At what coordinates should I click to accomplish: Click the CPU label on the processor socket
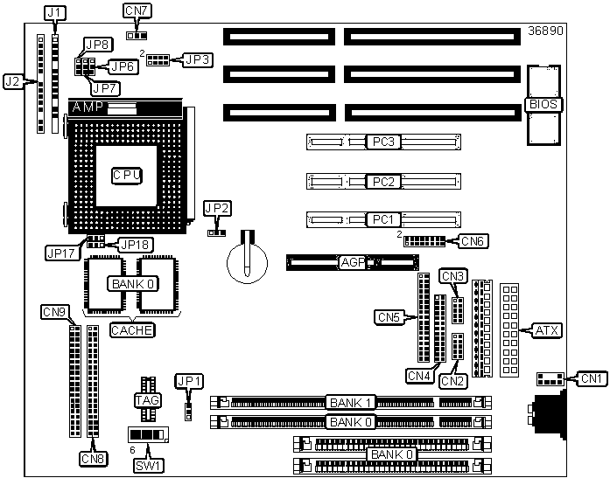point(127,176)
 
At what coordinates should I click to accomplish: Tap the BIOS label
point(543,105)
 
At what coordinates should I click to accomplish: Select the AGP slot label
point(353,263)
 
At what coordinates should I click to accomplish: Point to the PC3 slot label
point(383,142)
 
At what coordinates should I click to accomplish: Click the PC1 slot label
point(383,220)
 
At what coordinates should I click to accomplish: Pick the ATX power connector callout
point(547,331)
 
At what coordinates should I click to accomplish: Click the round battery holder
point(247,262)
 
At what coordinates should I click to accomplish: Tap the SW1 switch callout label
point(149,466)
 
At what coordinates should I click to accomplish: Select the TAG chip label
point(147,400)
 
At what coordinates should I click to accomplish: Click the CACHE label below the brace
point(132,330)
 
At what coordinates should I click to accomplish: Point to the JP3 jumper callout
point(198,59)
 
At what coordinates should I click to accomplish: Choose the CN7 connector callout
point(137,10)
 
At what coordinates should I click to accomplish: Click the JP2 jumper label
point(217,209)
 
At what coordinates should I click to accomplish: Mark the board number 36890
point(545,31)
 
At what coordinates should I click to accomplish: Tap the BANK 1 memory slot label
point(351,403)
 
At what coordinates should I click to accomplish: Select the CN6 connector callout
point(473,241)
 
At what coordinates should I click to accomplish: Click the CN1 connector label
point(592,378)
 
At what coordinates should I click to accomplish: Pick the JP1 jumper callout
point(189,381)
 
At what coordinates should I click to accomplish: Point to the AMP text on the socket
point(88,107)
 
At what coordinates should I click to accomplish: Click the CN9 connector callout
point(55,312)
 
